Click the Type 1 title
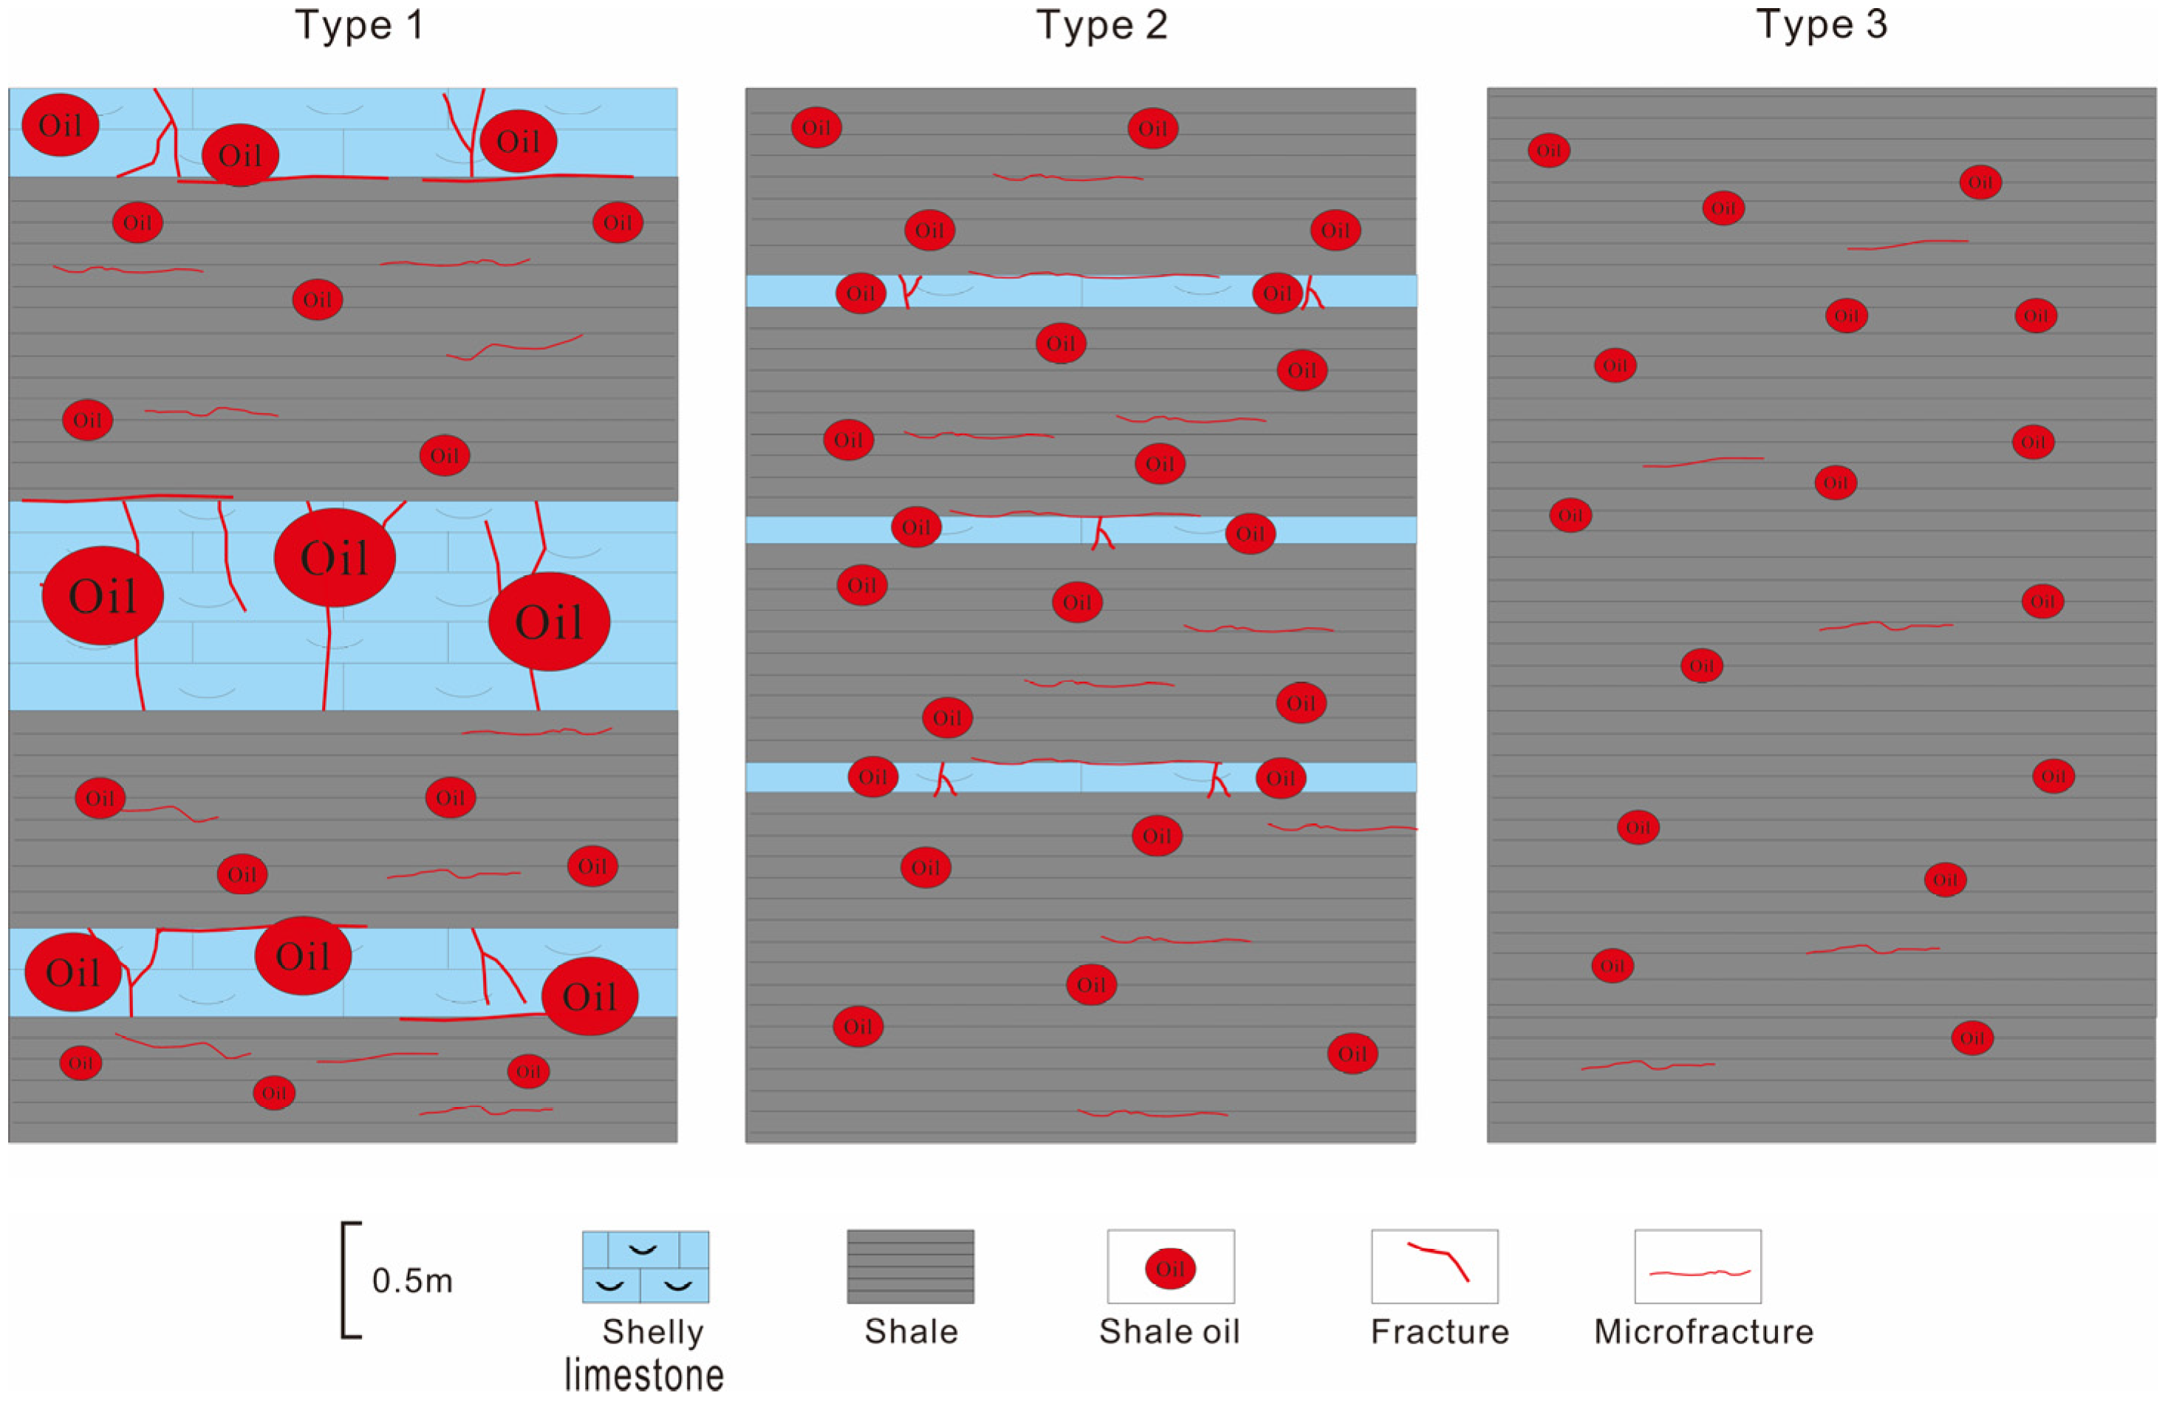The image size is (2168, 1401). coord(359,24)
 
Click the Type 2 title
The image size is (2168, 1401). coord(1102,24)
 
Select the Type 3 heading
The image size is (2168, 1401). coord(1822,24)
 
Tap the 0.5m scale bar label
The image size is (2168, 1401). coord(412,1281)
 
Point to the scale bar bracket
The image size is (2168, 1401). coord(349,1280)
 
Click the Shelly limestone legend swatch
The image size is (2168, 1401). coord(645,1267)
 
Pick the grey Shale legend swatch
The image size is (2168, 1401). coord(910,1267)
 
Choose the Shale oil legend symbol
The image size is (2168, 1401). coord(1170,1268)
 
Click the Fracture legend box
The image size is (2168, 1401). coord(1434,1267)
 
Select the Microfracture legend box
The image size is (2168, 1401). coord(1697,1267)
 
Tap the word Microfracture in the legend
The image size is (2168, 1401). coord(1703,1332)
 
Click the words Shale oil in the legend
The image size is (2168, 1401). coord(1169,1332)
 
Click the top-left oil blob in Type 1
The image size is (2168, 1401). coord(60,125)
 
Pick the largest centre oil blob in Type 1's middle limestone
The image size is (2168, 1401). coord(335,558)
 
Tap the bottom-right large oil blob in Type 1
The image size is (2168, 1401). coord(589,996)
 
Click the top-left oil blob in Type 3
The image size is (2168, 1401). coord(1548,150)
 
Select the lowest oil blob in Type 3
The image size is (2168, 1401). coord(1972,1038)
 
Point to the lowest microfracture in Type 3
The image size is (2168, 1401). coord(1648,1064)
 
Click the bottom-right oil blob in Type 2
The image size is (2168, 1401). coord(1352,1053)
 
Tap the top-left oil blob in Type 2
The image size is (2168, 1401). coord(816,127)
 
